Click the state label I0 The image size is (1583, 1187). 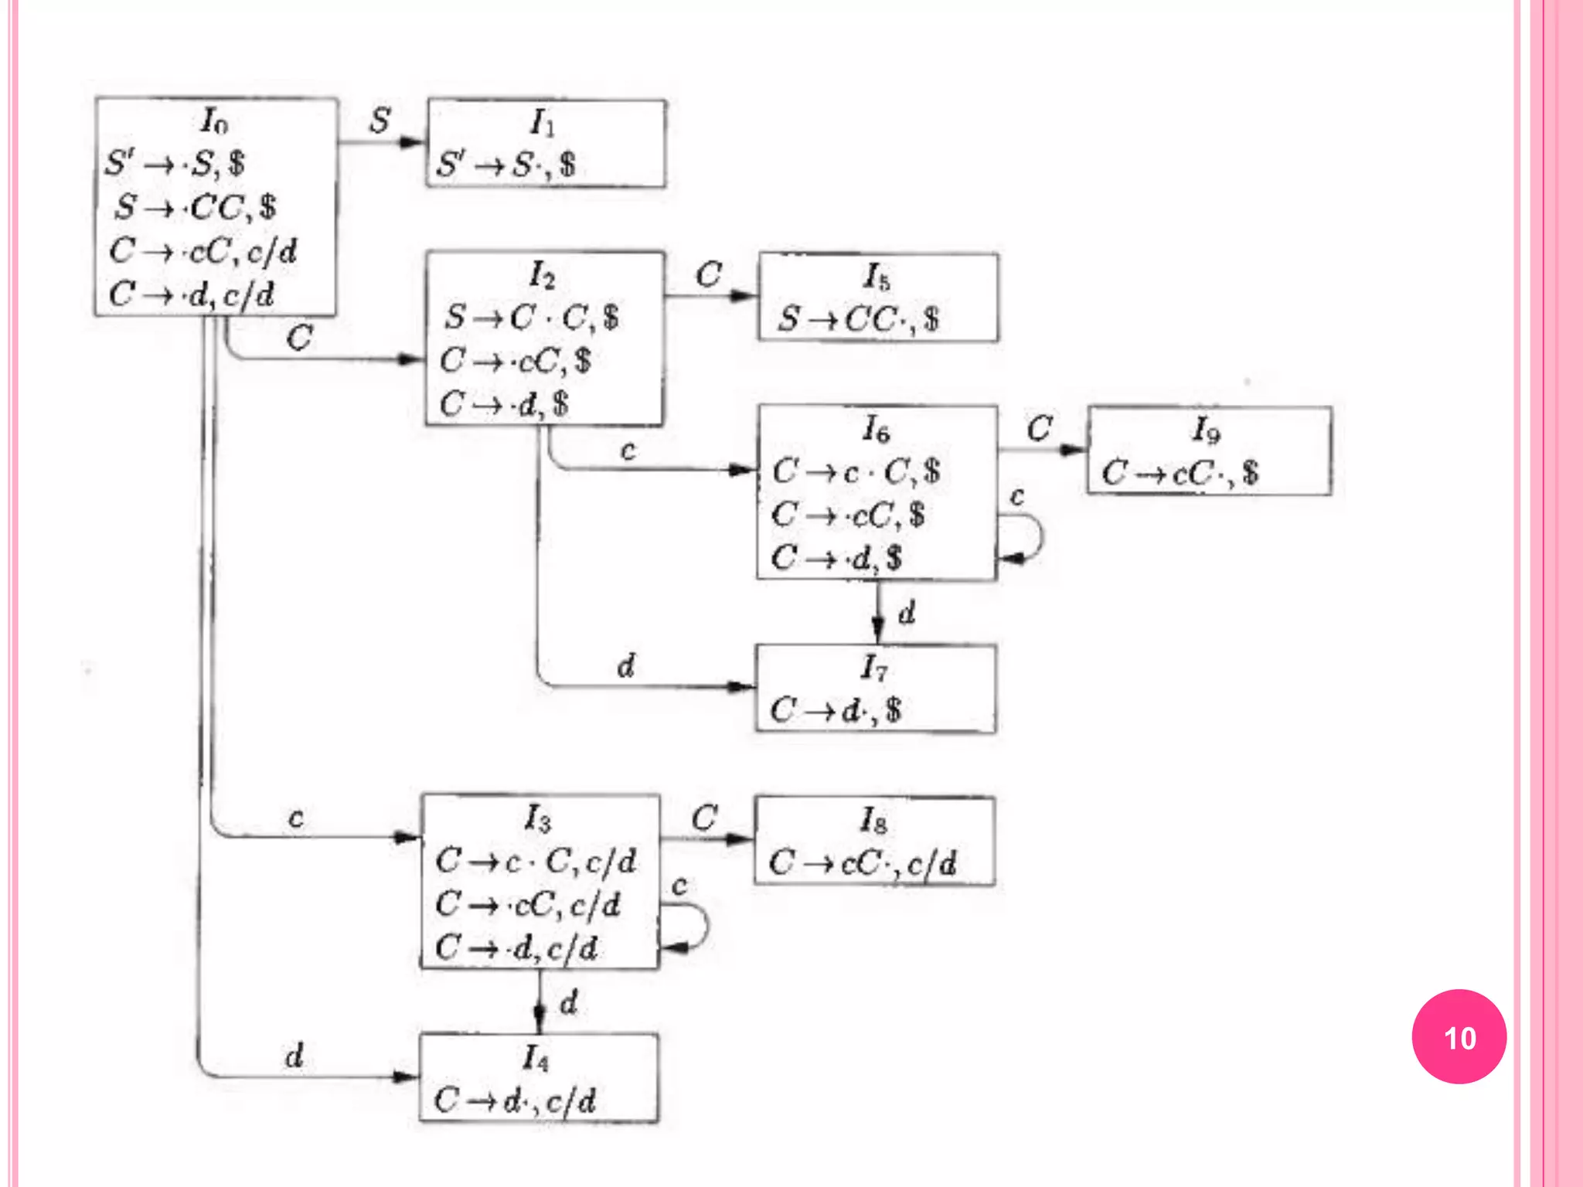[214, 121]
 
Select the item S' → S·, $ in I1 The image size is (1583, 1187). [506, 165]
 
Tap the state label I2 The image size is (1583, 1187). [542, 275]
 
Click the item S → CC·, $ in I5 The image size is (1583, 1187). [858, 318]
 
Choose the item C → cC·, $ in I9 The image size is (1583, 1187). [1180, 472]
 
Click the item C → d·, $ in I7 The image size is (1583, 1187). [836, 709]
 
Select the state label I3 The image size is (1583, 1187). [538, 818]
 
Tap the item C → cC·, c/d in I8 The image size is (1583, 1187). [863, 862]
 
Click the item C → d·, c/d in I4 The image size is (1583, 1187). [515, 1100]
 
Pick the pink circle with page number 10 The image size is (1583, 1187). [1459, 1036]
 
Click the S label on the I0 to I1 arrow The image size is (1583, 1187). [380, 121]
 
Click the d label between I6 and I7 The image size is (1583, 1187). [907, 613]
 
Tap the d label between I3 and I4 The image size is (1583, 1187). [569, 1002]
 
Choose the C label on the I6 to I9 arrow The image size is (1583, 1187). [1040, 428]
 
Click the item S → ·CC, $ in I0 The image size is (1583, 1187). [196, 207]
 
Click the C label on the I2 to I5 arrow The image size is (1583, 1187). [708, 275]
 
